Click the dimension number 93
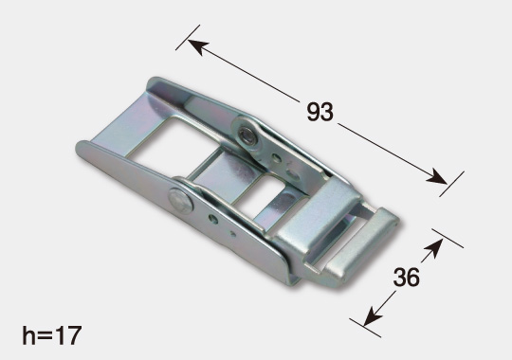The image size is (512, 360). click(x=320, y=112)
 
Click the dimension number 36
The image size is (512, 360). click(x=406, y=277)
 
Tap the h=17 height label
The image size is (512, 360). click(x=51, y=335)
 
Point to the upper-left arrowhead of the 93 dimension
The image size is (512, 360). click(x=198, y=46)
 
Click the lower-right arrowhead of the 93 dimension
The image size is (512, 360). click(x=437, y=177)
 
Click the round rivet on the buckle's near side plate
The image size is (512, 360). click(x=180, y=201)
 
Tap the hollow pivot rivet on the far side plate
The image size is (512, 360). click(x=247, y=135)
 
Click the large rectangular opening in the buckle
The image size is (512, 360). click(x=175, y=144)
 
